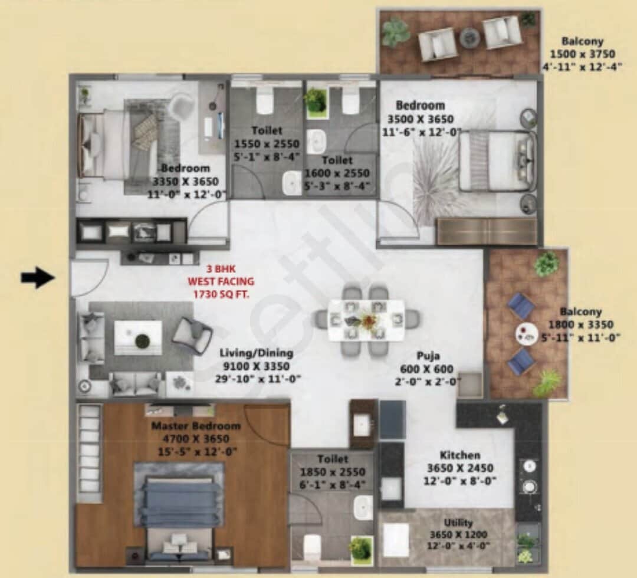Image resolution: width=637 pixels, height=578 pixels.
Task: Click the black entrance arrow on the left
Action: click(37, 278)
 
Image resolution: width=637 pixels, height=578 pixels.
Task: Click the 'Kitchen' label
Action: click(459, 455)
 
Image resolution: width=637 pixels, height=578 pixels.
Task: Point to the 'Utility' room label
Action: click(458, 523)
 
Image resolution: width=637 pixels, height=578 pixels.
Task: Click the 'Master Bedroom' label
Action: click(196, 426)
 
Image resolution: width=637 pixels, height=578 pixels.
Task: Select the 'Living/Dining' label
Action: click(256, 353)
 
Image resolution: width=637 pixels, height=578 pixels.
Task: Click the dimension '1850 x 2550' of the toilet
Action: click(333, 472)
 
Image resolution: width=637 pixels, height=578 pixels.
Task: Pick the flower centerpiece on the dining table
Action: click(367, 320)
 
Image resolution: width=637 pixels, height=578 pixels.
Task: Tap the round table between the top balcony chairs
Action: click(470, 37)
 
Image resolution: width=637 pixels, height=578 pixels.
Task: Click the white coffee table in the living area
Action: click(138, 337)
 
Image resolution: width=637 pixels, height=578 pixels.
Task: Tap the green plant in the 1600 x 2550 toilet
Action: click(317, 100)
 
